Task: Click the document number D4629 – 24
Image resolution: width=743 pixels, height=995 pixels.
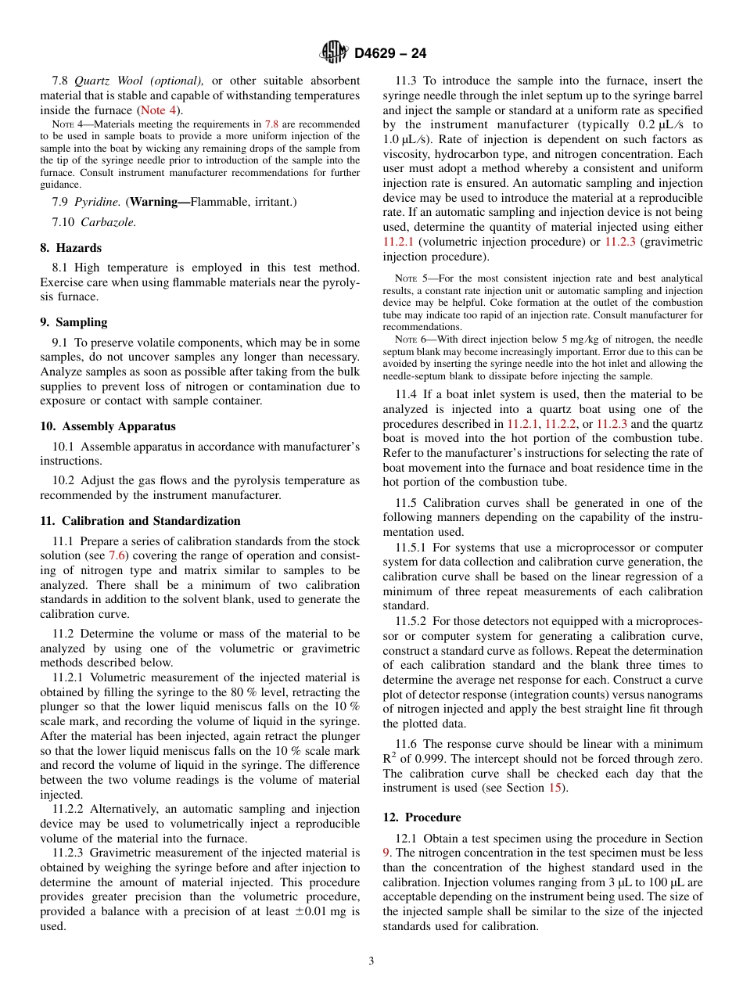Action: coord(390,54)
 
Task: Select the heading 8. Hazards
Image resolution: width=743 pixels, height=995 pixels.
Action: coord(70,248)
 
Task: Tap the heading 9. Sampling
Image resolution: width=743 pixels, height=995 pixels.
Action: coord(74,322)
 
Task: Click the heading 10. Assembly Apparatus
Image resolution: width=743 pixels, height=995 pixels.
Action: coord(107,426)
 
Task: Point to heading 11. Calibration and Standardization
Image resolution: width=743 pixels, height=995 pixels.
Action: coord(140,521)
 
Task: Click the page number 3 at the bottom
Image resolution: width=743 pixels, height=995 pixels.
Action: coord(371,961)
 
